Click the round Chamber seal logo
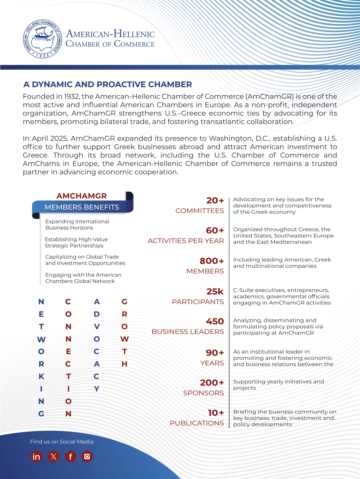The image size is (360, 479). [43, 39]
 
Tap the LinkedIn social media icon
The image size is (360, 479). [36, 457]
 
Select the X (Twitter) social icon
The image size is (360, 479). [53, 457]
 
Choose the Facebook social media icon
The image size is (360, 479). [70, 457]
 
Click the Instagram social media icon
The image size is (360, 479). [87, 457]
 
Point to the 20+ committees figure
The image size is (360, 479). [215, 200]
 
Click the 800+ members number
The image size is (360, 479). [212, 261]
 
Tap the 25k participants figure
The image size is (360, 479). [215, 291]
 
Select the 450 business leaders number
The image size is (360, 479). [215, 321]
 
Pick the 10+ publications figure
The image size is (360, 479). [216, 413]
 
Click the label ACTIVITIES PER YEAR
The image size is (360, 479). [186, 241]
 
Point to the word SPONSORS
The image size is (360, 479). [203, 393]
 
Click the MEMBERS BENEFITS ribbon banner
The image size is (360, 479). [82, 207]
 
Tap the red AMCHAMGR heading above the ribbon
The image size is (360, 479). [82, 196]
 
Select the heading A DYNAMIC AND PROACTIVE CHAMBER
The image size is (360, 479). [108, 84]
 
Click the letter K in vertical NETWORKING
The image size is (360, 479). [41, 376]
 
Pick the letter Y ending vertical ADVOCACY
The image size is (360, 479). [97, 389]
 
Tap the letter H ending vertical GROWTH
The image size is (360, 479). [124, 364]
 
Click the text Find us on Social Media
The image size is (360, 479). [62, 442]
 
